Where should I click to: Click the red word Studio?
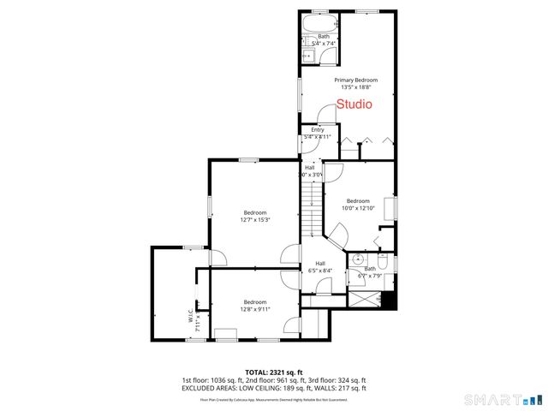pos(354,105)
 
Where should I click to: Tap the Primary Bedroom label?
pos(360,80)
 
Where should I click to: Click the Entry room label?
pos(317,129)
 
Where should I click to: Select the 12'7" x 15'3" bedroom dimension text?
pos(254,219)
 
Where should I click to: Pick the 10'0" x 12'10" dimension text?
pos(357,207)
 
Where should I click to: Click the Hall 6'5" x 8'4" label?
pos(319,266)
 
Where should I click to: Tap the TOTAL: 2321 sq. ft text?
pos(274,372)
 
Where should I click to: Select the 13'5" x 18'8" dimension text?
pos(360,86)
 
